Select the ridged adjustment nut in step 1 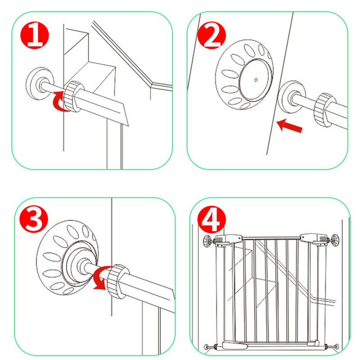point(72,96)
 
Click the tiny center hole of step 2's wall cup point(256,80)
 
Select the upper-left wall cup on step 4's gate point(207,241)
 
